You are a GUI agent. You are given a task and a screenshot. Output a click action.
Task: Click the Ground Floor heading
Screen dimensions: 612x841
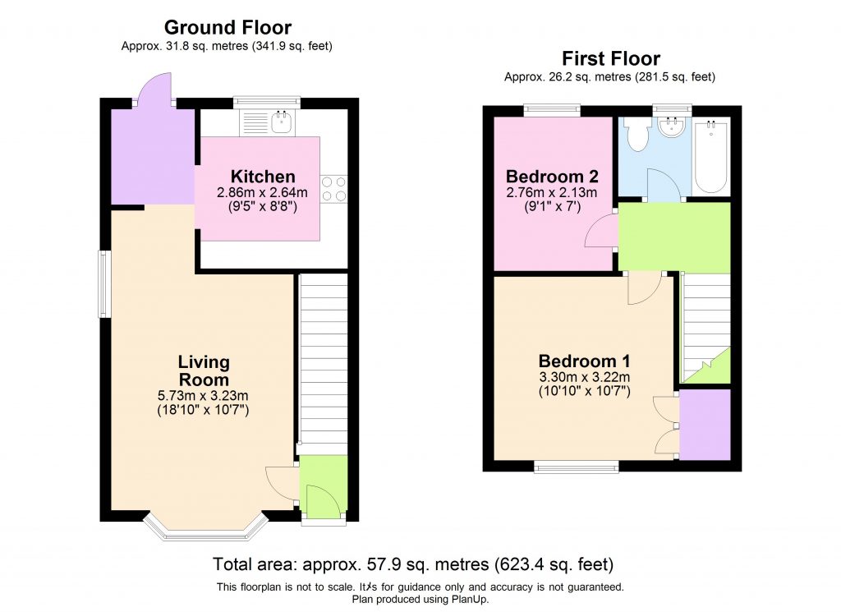click(227, 28)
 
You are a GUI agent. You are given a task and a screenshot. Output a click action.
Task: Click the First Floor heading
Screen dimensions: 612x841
click(610, 58)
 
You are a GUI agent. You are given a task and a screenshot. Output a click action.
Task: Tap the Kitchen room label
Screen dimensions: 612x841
click(263, 177)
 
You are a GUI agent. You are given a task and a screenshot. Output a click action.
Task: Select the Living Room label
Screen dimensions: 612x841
click(204, 370)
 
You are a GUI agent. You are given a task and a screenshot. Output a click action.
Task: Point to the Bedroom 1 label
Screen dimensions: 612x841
click(584, 361)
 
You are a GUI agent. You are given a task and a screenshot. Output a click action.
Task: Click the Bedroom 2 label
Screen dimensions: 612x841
click(551, 176)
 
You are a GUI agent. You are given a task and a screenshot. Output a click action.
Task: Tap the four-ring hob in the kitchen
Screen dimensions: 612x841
click(334, 188)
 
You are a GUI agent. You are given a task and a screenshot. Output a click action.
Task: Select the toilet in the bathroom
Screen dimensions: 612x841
click(636, 135)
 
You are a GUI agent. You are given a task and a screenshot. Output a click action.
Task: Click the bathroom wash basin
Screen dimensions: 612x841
click(672, 126)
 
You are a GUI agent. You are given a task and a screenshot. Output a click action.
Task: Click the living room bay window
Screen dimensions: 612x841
click(206, 530)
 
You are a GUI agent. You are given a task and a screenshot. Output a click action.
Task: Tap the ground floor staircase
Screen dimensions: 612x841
click(323, 361)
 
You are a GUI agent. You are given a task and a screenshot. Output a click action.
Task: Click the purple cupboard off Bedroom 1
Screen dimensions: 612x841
click(705, 425)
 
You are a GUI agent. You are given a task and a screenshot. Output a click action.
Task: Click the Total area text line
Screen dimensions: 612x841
click(413, 565)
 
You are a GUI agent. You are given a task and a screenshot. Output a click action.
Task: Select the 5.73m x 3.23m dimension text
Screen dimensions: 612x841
click(204, 396)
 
